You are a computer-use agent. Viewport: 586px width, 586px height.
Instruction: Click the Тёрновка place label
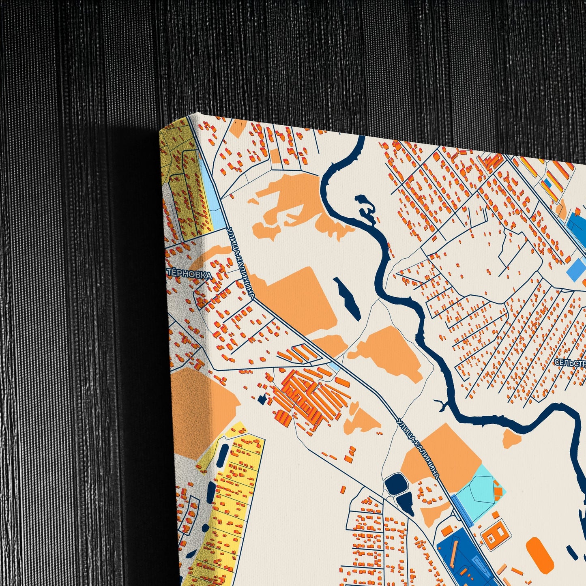coord(189,274)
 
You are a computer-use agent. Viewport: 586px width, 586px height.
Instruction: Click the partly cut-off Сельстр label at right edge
coord(570,363)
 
